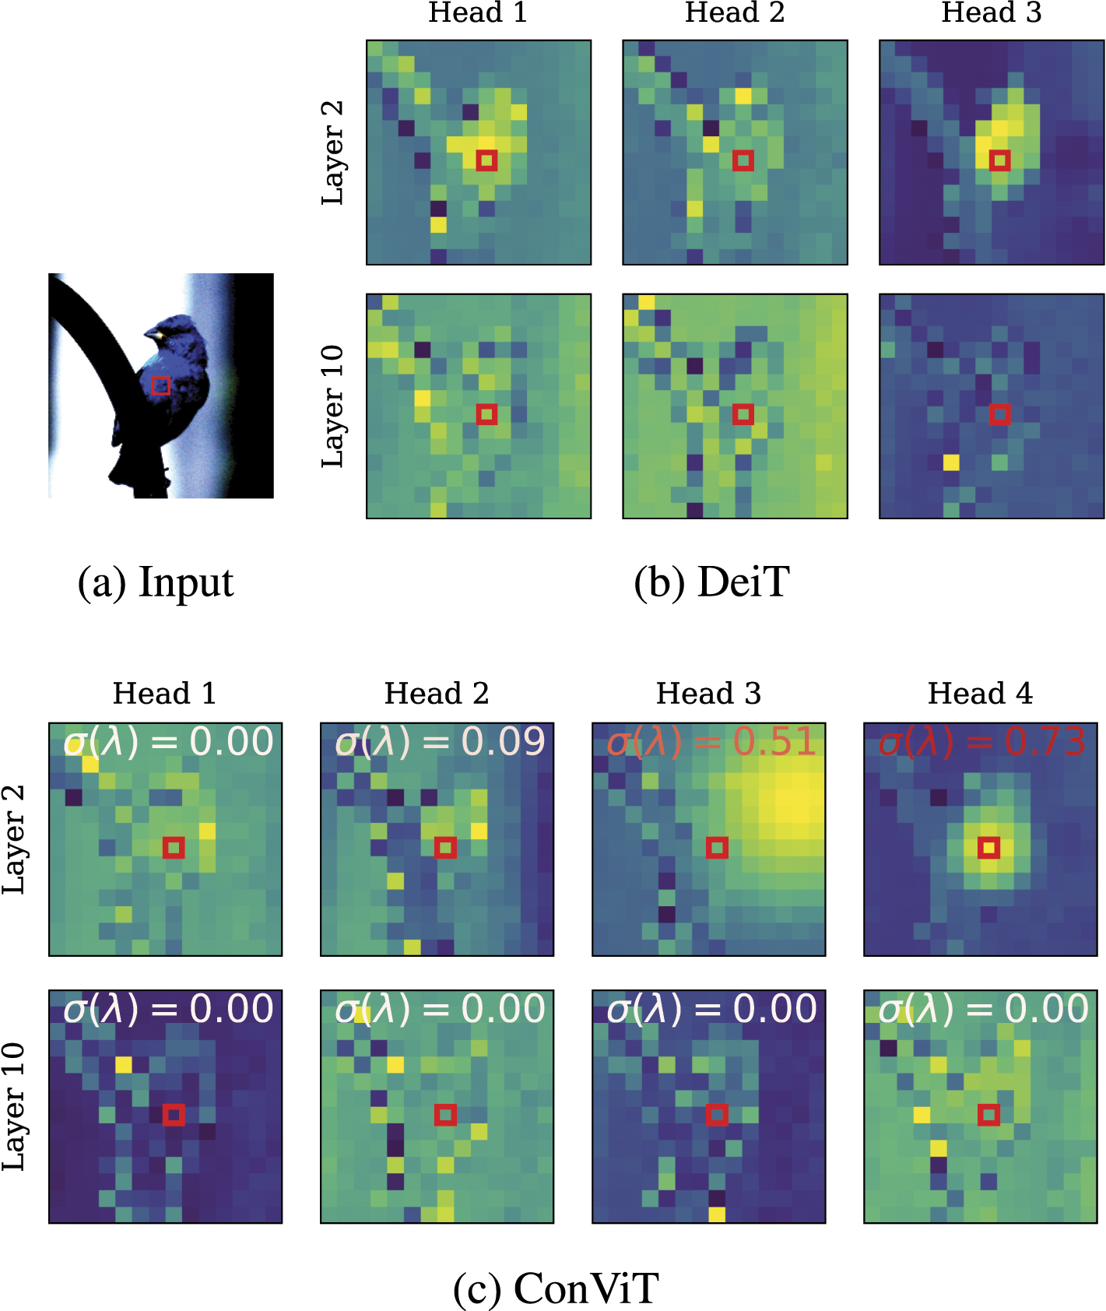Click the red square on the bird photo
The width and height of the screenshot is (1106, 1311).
[160, 385]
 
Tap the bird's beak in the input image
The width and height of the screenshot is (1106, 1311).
[153, 335]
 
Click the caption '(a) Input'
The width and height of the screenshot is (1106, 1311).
[156, 582]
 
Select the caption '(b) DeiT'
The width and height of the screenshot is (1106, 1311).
[711, 582]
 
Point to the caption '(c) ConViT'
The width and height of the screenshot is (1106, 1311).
[556, 1288]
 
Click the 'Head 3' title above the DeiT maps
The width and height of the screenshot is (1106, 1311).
[991, 12]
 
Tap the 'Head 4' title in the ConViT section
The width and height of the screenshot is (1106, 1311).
[980, 693]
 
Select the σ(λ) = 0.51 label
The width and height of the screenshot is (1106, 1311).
[710, 741]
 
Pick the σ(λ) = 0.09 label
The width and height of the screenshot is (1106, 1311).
[439, 741]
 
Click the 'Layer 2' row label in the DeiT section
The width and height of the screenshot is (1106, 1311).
[332, 153]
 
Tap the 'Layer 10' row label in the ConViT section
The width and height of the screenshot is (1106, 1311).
[14, 1106]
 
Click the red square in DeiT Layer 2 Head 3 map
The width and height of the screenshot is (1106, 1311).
[999, 160]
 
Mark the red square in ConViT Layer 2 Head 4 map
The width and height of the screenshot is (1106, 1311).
[988, 847]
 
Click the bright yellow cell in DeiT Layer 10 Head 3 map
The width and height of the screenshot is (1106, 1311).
[951, 462]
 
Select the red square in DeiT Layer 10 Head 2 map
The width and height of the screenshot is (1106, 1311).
[743, 414]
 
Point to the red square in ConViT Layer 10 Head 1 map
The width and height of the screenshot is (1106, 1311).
[174, 1115]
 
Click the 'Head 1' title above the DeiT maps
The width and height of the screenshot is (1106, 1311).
[478, 12]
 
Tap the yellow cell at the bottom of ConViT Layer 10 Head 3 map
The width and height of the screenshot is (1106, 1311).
[717, 1214]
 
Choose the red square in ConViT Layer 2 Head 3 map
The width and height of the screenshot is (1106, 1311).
[717, 847]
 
